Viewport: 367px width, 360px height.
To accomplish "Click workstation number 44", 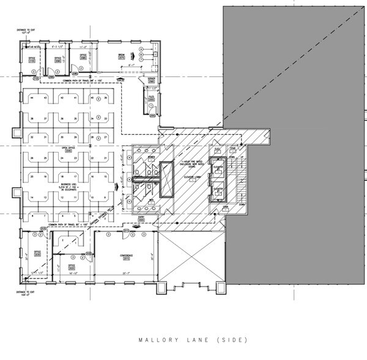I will (x=28, y=98).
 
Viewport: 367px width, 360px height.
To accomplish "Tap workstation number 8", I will (x=28, y=216).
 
